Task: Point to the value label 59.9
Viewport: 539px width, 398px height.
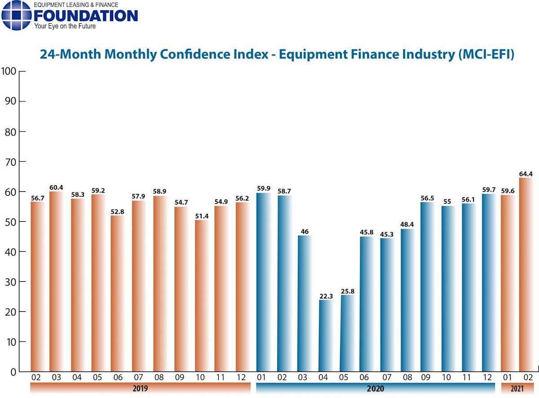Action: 264,189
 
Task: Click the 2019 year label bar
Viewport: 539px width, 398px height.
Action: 140,388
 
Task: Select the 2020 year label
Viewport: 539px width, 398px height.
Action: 376,388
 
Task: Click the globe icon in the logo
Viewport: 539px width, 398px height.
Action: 16,16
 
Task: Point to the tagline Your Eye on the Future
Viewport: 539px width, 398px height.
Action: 65,26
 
